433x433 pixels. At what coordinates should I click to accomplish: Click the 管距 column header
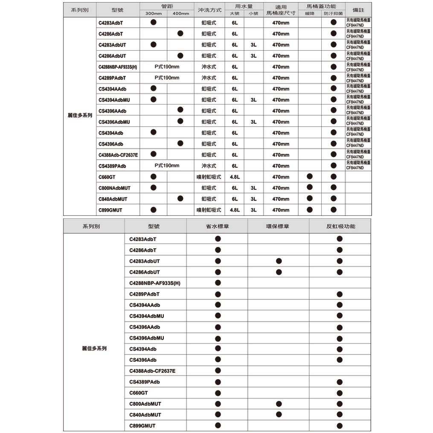tap(166, 6)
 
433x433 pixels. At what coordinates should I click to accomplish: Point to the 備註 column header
tap(358, 10)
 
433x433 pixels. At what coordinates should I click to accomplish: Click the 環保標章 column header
tap(278, 226)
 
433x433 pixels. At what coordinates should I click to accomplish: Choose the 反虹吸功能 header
tap(340, 226)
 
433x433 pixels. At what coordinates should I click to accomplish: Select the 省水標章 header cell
tap(218, 226)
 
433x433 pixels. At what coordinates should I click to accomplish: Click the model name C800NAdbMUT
tap(114, 188)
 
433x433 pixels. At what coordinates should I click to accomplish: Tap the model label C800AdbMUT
tap(145, 404)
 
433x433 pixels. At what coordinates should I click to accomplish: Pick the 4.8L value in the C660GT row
tap(235, 177)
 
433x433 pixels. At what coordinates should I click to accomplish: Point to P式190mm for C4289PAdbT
tap(167, 78)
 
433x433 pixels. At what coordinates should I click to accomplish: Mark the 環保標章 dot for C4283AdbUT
tap(279, 261)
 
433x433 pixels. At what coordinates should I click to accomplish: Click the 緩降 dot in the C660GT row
tap(310, 177)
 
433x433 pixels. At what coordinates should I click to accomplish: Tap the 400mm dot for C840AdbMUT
tap(180, 199)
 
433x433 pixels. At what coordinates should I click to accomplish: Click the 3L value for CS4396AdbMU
tap(253, 122)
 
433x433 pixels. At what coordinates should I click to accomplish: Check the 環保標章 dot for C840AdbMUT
tap(279, 414)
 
